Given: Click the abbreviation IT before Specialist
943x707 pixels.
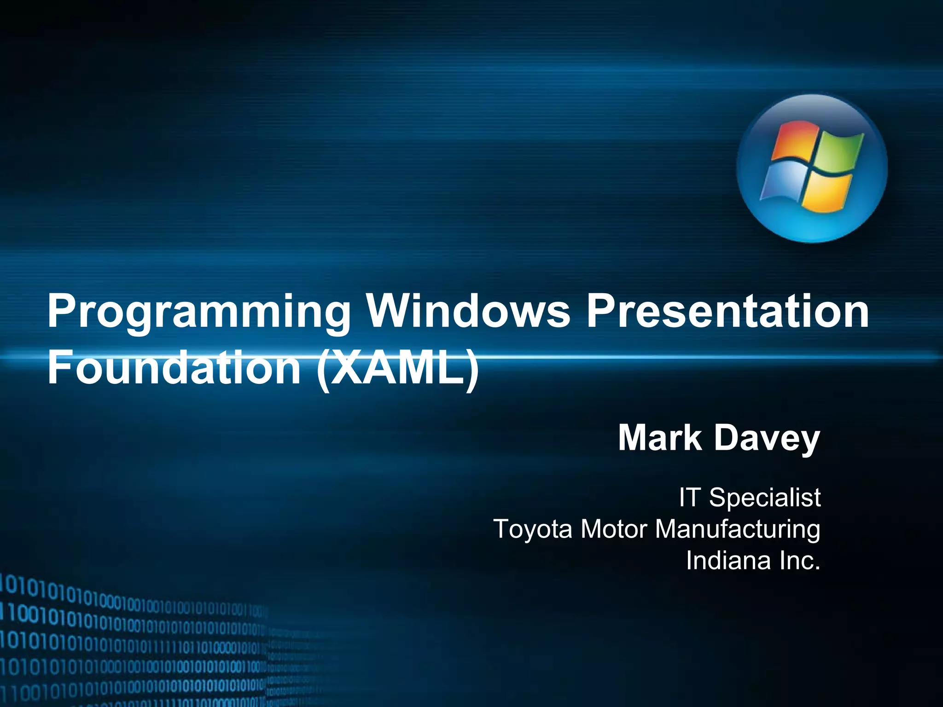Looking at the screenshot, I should point(689,498).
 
